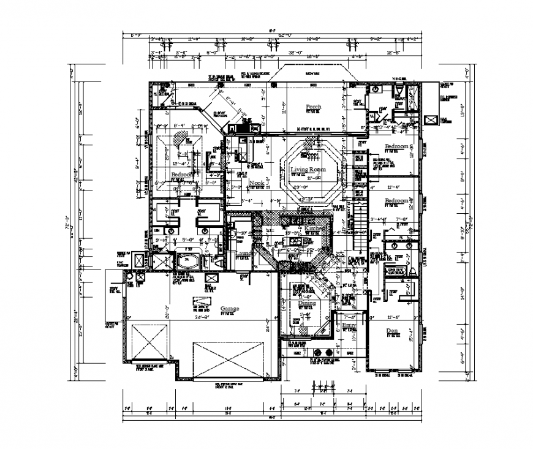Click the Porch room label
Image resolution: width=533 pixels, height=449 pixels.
[x=313, y=107]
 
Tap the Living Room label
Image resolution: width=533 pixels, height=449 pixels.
[x=308, y=169]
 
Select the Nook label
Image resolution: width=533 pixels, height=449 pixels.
[x=256, y=183]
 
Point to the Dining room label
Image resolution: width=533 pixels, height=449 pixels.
[x=306, y=303]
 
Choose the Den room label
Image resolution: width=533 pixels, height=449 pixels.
[x=392, y=331]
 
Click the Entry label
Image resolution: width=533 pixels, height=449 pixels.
[x=349, y=325]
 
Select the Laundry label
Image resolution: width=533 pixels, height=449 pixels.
[x=244, y=252]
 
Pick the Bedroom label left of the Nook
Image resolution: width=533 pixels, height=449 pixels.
[x=182, y=175]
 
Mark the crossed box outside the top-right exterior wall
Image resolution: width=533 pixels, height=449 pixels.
[x=431, y=121]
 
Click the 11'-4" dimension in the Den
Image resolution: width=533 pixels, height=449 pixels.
[x=395, y=317]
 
